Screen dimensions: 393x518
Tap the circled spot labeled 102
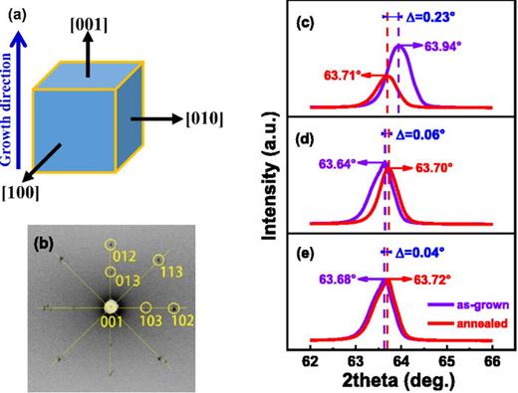coord(174,307)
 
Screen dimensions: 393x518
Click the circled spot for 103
coord(145,308)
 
